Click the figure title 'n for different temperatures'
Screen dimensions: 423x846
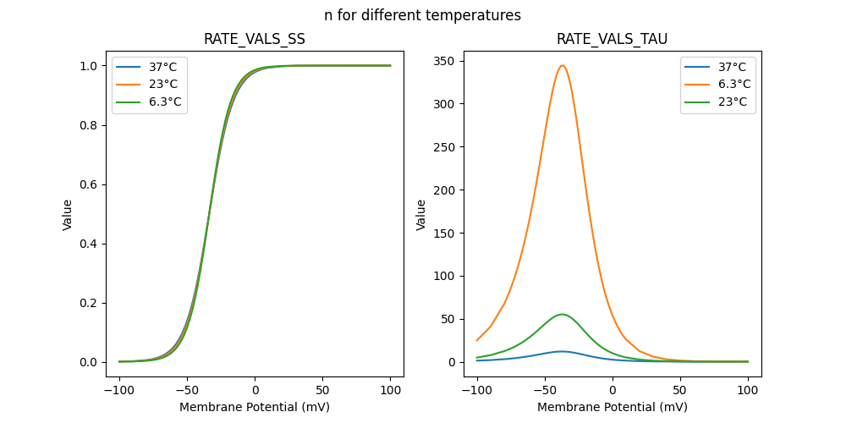click(422, 15)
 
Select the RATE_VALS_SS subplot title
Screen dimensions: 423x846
click(255, 39)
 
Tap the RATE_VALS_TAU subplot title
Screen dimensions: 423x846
click(612, 39)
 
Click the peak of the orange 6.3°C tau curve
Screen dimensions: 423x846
click(562, 65)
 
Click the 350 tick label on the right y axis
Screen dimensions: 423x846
click(445, 61)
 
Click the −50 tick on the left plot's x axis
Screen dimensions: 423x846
click(187, 390)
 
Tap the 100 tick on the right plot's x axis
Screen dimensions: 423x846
click(748, 390)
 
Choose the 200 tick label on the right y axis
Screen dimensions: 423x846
click(445, 190)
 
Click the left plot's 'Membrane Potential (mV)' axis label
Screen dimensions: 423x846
click(255, 407)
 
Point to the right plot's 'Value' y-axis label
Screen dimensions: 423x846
click(420, 214)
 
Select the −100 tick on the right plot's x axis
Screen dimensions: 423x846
click(477, 390)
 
